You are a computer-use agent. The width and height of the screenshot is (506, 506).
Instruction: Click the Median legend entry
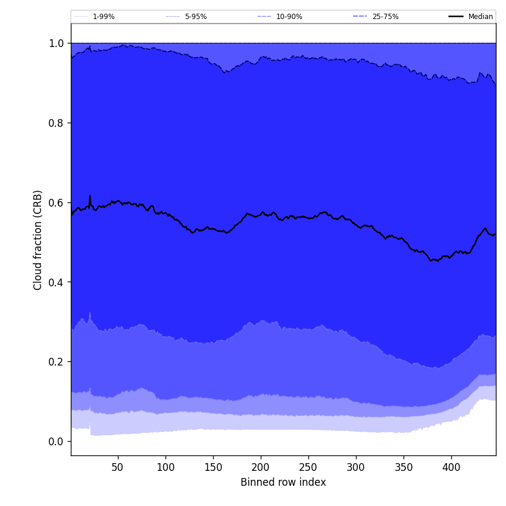480,17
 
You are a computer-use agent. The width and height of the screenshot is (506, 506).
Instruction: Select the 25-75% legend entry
385,17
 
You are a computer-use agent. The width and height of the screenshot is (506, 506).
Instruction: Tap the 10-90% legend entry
289,17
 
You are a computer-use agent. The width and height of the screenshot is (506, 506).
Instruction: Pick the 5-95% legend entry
195,17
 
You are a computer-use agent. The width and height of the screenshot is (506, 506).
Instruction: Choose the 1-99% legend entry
104,17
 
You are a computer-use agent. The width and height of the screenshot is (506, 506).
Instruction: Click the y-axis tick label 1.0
56,43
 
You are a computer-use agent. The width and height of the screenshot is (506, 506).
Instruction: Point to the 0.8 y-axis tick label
56,123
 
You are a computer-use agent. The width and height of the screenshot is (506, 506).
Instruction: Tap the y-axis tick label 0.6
56,203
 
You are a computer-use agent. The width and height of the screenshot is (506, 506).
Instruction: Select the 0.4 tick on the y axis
56,282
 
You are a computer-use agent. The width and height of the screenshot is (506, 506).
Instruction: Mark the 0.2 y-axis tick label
56,362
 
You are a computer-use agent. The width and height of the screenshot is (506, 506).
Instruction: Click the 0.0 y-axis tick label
56,442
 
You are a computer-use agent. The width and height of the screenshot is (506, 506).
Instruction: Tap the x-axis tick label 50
118,467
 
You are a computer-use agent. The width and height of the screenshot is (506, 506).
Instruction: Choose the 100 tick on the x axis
165,467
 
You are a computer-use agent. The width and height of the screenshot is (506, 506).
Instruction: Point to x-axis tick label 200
261,467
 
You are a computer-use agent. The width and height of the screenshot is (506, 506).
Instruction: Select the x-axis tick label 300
356,467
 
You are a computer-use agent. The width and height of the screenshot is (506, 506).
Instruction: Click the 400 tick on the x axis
451,467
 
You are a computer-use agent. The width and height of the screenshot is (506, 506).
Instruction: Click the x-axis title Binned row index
283,482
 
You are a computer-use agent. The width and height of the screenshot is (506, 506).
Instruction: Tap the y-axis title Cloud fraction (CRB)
38,240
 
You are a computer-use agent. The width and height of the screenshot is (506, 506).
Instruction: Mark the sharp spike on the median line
90,196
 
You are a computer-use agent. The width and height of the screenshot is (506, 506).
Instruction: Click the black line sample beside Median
456,17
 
